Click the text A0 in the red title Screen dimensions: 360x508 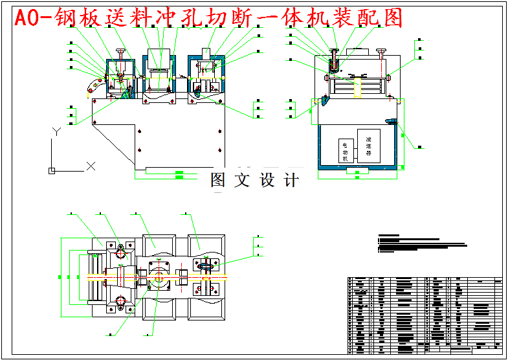29,18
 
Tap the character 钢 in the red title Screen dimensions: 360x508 69,18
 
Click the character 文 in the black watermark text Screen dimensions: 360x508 241,180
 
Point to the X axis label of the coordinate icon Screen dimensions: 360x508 91,166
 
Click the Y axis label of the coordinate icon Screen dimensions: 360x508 56,131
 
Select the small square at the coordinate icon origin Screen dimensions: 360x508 52,171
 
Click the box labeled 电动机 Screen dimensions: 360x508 345,150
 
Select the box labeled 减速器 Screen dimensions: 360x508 368,146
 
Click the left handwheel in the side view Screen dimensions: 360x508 335,51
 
